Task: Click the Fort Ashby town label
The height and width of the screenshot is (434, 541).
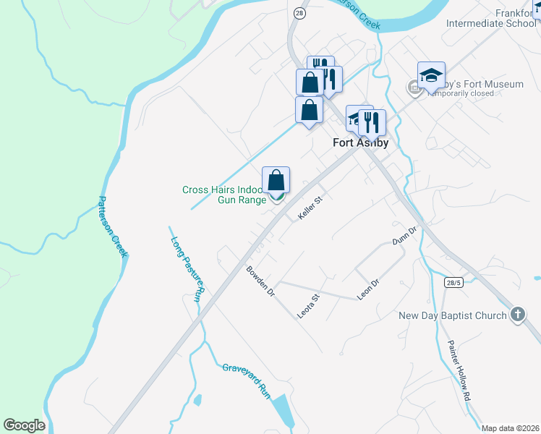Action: (360, 142)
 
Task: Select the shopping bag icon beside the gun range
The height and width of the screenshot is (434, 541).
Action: (276, 180)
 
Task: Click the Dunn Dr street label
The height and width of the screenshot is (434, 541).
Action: (405, 237)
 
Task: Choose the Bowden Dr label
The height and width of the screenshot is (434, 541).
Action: (260, 281)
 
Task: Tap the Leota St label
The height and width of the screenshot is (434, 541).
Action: (309, 306)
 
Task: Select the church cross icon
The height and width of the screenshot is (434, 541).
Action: (517, 315)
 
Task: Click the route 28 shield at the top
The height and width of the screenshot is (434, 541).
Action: (299, 13)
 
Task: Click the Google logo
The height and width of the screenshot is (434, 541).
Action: (24, 425)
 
